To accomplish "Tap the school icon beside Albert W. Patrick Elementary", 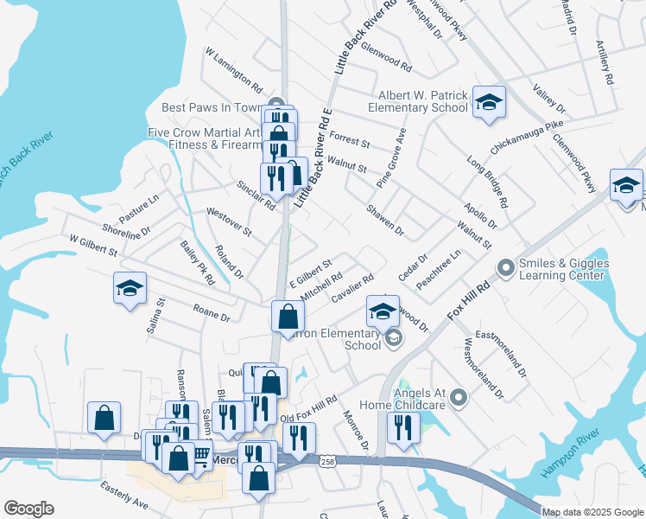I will coord(489,104).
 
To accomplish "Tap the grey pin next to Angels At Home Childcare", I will coord(459,398).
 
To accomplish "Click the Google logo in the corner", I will coord(28,509).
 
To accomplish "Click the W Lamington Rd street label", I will coord(233,70).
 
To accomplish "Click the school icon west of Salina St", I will coord(130,289).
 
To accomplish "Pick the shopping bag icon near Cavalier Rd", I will coord(287,317).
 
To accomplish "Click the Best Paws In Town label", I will coord(212,108).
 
